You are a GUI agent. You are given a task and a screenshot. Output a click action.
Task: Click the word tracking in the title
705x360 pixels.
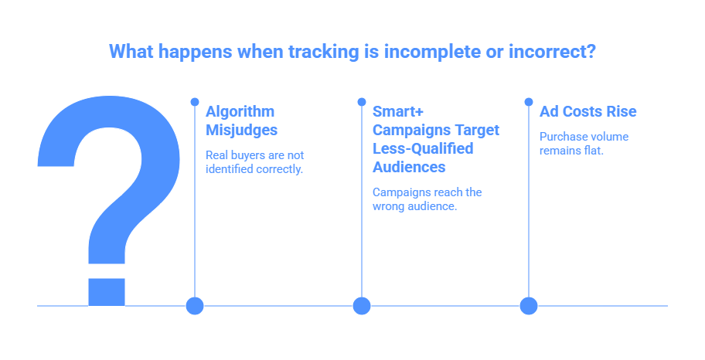point(324,52)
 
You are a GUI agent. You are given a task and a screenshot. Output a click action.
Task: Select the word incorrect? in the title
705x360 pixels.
point(552,51)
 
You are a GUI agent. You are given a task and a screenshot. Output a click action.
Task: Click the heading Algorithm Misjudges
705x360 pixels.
point(241,121)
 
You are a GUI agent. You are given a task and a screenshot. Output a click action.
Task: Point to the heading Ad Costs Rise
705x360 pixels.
point(587,111)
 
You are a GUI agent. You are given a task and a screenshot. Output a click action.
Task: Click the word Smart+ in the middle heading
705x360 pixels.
point(398,111)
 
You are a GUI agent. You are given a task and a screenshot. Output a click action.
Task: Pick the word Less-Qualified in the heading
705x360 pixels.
point(423,148)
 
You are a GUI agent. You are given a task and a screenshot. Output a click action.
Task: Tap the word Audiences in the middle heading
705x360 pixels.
point(409,167)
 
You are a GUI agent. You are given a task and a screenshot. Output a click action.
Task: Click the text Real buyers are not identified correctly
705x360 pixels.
point(254,161)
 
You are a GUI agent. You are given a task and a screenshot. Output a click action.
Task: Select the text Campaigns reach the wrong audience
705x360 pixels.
point(427,199)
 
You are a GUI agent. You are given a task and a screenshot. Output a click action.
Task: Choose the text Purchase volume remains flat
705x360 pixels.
point(584,144)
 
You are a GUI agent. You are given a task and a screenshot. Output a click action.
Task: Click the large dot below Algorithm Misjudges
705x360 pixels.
point(195,306)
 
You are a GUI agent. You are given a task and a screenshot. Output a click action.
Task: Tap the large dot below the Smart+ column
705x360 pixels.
point(362,306)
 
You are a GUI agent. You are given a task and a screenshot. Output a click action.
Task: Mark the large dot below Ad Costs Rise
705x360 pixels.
point(529,306)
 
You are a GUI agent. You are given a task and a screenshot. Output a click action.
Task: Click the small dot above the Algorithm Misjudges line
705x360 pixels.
point(195,102)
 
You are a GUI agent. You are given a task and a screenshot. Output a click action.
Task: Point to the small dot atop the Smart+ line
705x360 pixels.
point(362,102)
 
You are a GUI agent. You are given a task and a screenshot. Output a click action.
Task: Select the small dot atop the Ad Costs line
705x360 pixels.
point(529,102)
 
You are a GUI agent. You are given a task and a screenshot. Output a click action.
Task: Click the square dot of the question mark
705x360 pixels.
point(107,292)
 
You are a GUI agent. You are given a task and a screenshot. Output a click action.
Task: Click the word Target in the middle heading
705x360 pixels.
point(477,131)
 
